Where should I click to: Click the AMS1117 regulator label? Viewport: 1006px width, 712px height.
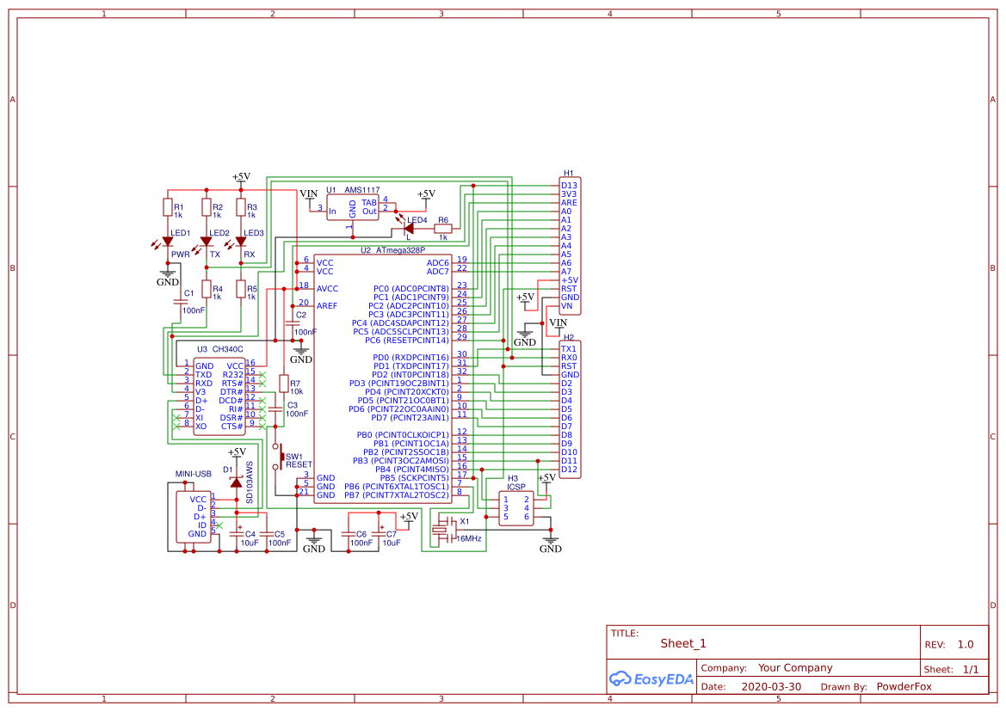tap(362, 190)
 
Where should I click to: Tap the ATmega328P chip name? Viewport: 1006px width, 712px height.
tap(400, 250)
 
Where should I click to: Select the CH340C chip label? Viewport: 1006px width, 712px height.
tap(227, 349)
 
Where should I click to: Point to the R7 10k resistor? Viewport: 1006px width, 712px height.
tap(283, 384)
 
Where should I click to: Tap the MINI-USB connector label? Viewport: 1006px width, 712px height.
tap(193, 474)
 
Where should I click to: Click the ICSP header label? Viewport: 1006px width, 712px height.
tap(515, 486)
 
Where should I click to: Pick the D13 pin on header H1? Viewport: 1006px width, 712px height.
tap(569, 185)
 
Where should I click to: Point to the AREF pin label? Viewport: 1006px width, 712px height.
tap(327, 305)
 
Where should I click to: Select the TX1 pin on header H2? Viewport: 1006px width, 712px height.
tap(568, 348)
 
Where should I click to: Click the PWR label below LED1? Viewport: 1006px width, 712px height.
tap(180, 255)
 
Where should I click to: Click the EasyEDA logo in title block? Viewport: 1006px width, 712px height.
tap(645, 679)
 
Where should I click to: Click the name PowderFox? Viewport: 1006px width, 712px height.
tap(904, 687)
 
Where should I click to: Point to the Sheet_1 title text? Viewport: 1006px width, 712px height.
tap(683, 643)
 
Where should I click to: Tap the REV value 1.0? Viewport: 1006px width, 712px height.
tap(965, 644)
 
